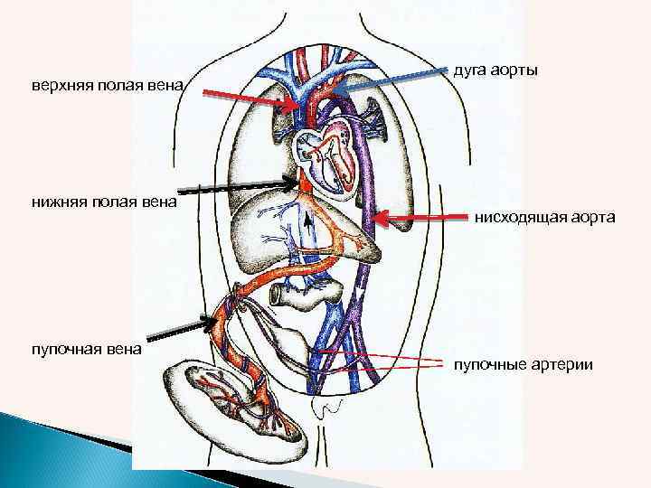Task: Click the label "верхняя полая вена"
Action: (x=108, y=87)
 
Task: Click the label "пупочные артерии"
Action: (x=524, y=365)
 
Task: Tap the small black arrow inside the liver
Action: (x=308, y=221)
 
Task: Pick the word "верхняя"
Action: (x=60, y=87)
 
